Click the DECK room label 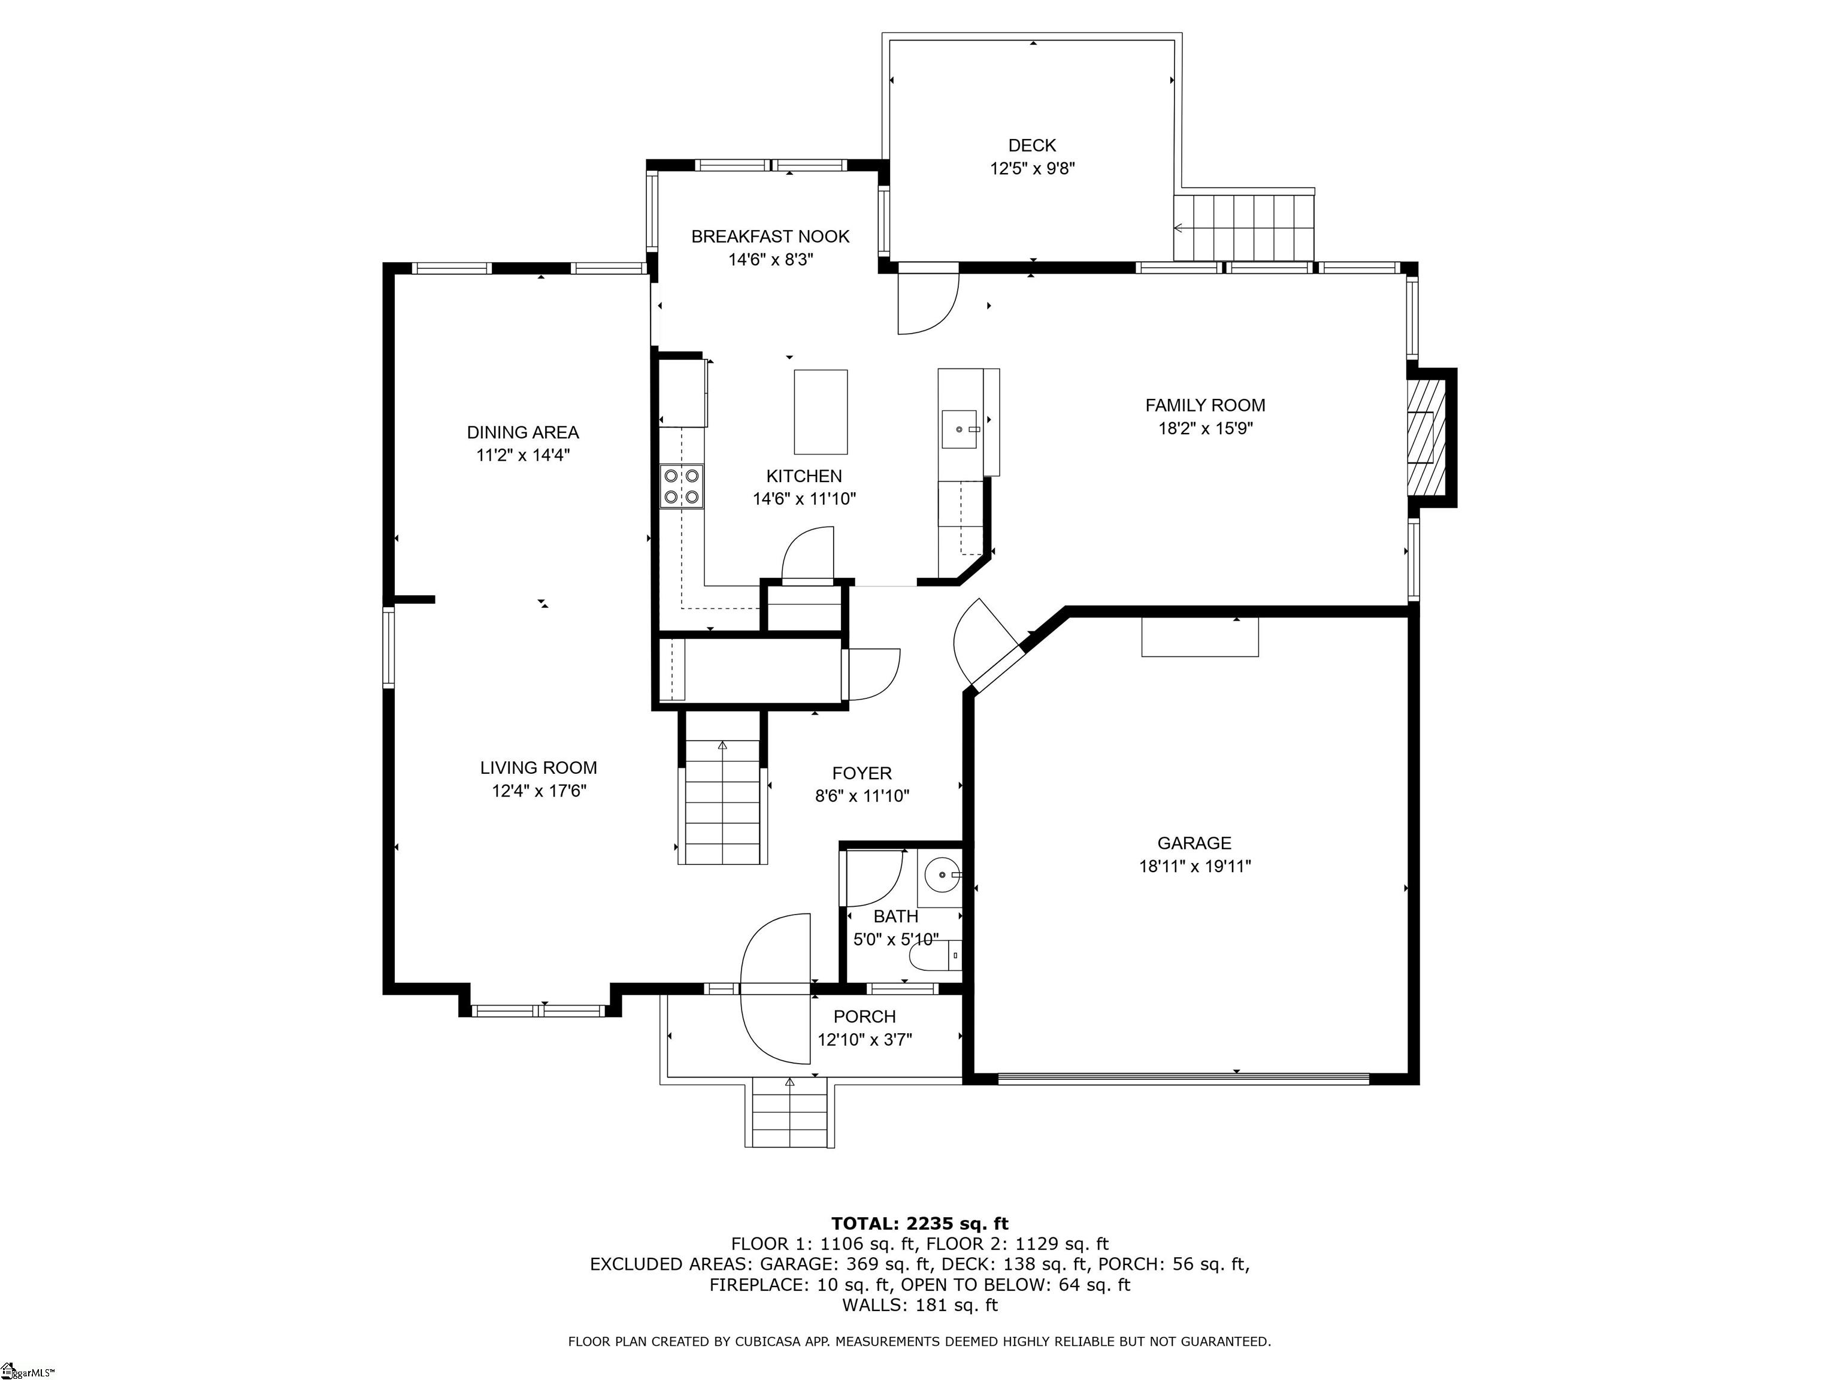pyautogui.click(x=1031, y=146)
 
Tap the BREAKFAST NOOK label pyautogui.click(x=770, y=236)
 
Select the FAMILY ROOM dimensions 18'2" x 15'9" pyautogui.click(x=1205, y=428)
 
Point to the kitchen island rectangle pyautogui.click(x=821, y=411)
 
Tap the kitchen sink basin pyautogui.click(x=959, y=429)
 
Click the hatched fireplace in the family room pyautogui.click(x=1427, y=438)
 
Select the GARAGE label pyautogui.click(x=1194, y=843)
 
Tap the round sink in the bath pyautogui.click(x=940, y=875)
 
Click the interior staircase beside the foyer pyautogui.click(x=722, y=803)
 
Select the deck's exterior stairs pyautogui.click(x=1243, y=226)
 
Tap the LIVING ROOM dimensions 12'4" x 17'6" pyautogui.click(x=539, y=790)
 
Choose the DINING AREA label pyautogui.click(x=522, y=432)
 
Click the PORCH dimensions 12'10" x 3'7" pyautogui.click(x=864, y=1040)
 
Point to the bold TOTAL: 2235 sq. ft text pyautogui.click(x=919, y=1224)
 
